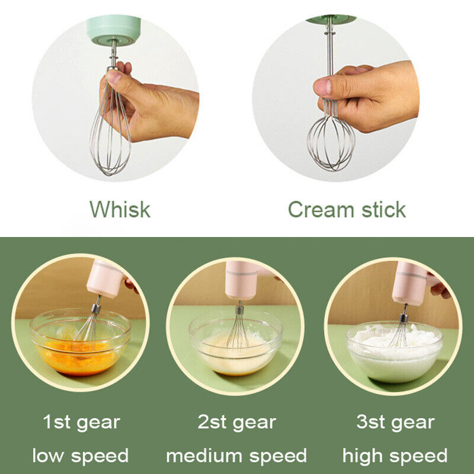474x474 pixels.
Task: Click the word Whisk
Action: point(120,209)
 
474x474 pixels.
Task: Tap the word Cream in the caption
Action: point(321,209)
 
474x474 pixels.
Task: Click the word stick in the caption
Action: point(383,209)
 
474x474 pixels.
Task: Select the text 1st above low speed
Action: point(56,422)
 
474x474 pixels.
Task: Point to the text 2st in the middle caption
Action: point(212,422)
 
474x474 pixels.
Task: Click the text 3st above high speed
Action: point(371,422)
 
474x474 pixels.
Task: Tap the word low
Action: point(49,455)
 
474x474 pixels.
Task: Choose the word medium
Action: point(204,455)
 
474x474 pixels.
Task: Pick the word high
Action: point(362,456)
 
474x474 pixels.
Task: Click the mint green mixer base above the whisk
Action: point(113,30)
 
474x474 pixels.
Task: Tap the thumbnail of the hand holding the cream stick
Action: point(335,98)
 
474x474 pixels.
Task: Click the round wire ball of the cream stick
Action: point(331,143)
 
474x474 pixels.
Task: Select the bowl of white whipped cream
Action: point(394,351)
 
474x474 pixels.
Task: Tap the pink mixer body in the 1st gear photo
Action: point(104,278)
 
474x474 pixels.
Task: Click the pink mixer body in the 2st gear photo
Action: point(241,280)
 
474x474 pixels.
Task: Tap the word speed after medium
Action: point(278,456)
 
